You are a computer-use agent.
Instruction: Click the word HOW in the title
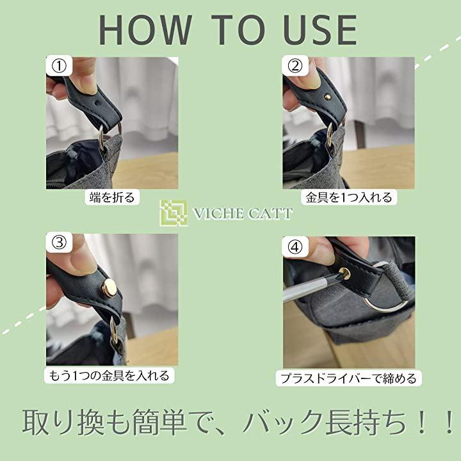pos(145,30)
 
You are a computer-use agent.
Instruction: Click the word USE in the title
pos(320,30)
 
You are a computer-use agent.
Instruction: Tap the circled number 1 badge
pos(59,66)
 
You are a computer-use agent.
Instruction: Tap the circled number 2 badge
pos(295,66)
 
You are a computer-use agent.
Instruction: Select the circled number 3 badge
pos(59,243)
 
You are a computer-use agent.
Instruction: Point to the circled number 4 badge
pos(295,247)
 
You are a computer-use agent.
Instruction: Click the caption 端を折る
pos(112,197)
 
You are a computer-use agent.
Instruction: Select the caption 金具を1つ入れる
pos(349,197)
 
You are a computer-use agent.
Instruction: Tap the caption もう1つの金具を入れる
pos(109,375)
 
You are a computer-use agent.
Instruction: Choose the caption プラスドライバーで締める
pos(349,378)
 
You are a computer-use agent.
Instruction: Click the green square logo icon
pos(174,213)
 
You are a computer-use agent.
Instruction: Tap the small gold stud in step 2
pos(327,97)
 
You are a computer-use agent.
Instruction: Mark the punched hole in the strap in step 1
pos(97,104)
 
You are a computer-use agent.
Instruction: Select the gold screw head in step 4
pos(344,273)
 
